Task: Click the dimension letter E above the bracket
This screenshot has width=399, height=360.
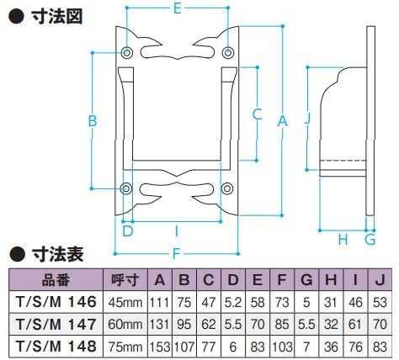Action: (x=177, y=8)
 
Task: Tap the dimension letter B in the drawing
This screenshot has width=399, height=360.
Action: (x=93, y=121)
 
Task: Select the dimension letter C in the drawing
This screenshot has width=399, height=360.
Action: (x=258, y=114)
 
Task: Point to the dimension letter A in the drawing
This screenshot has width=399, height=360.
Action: (x=283, y=121)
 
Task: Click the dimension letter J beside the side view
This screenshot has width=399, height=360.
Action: (x=308, y=118)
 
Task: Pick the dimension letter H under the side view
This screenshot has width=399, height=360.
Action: (x=343, y=240)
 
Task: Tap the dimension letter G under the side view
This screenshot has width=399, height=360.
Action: (x=370, y=240)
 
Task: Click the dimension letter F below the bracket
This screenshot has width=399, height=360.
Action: (x=176, y=254)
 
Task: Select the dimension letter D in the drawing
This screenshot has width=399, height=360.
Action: (x=128, y=231)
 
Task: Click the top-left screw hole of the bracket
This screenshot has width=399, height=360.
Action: (x=126, y=53)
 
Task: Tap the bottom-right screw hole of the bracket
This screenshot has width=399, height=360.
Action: (x=227, y=188)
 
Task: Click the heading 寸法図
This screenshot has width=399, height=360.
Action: (x=57, y=16)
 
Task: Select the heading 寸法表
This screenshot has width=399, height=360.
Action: (x=57, y=254)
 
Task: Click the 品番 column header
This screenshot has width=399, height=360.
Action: (x=56, y=279)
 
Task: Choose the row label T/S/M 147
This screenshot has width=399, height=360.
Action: (x=56, y=324)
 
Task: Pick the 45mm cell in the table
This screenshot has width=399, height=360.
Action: (x=125, y=303)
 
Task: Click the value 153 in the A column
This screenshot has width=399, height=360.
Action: (x=160, y=347)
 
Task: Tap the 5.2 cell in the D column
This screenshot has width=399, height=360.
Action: (x=233, y=303)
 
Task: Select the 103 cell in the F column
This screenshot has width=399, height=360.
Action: (x=282, y=347)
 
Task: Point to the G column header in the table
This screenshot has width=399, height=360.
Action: (x=306, y=279)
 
